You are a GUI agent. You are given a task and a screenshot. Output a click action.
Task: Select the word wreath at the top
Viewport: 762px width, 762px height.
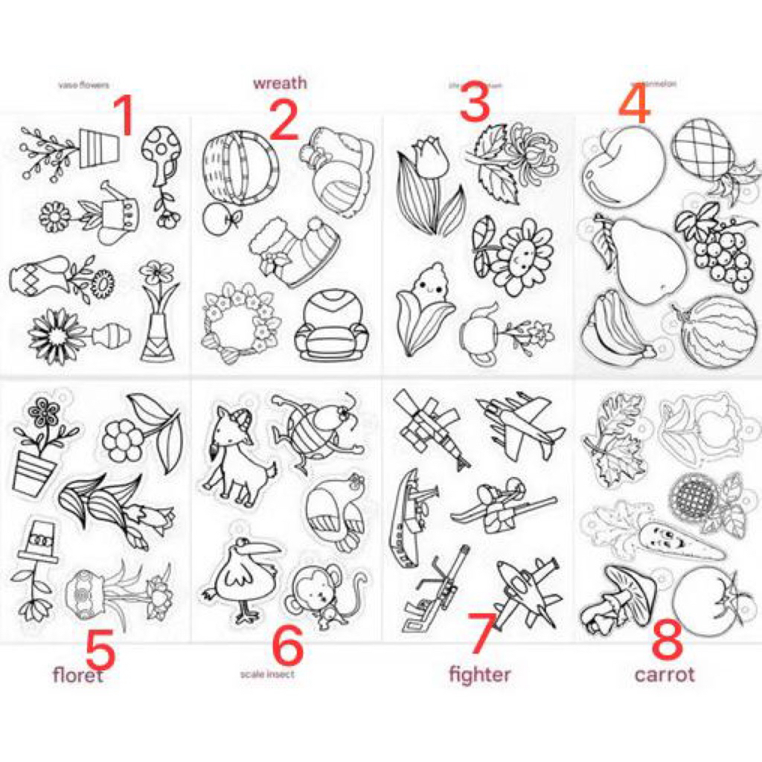click(279, 83)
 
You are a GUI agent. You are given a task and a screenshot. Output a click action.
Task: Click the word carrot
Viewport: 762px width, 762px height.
click(664, 674)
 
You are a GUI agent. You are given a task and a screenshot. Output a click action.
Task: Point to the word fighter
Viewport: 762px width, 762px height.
click(479, 674)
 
